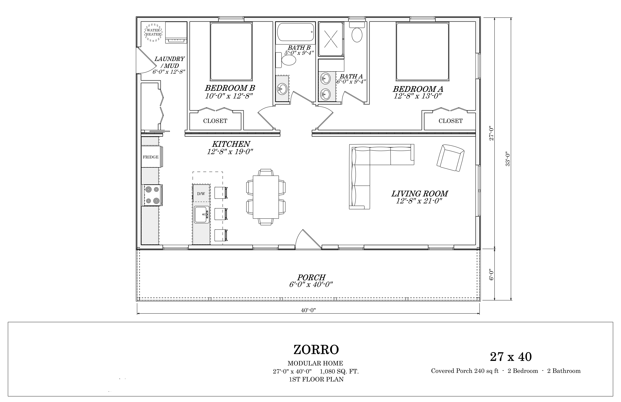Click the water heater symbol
coord(153,32)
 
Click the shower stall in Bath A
coord(331,39)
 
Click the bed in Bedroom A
coord(422,51)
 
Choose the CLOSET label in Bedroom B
coord(215,121)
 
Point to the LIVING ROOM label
coord(420,194)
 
